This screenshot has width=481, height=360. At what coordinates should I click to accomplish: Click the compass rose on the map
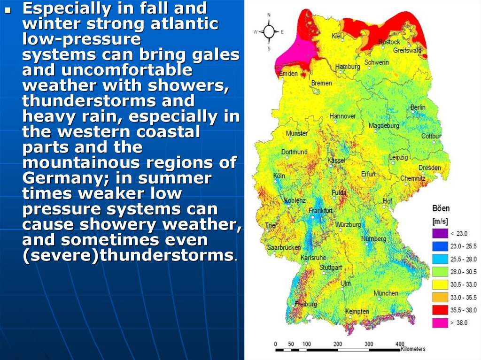(269, 32)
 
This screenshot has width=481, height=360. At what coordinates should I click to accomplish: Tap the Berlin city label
(418, 107)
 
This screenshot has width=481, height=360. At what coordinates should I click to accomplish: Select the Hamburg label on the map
(348, 67)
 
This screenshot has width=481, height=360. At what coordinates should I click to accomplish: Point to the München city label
(386, 293)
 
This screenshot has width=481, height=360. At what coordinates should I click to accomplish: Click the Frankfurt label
(320, 211)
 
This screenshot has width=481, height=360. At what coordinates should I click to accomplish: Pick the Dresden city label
(429, 168)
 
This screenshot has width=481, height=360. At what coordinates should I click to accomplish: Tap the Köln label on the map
(279, 176)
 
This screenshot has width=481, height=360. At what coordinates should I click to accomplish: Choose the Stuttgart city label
(331, 268)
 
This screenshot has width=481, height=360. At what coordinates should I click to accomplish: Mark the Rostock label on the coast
(389, 42)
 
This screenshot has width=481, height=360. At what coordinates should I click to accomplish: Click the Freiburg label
(306, 304)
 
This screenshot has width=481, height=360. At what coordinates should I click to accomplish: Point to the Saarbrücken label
(283, 247)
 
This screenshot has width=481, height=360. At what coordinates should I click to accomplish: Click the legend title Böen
(441, 208)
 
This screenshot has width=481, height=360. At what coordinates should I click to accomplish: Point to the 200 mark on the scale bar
(338, 344)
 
